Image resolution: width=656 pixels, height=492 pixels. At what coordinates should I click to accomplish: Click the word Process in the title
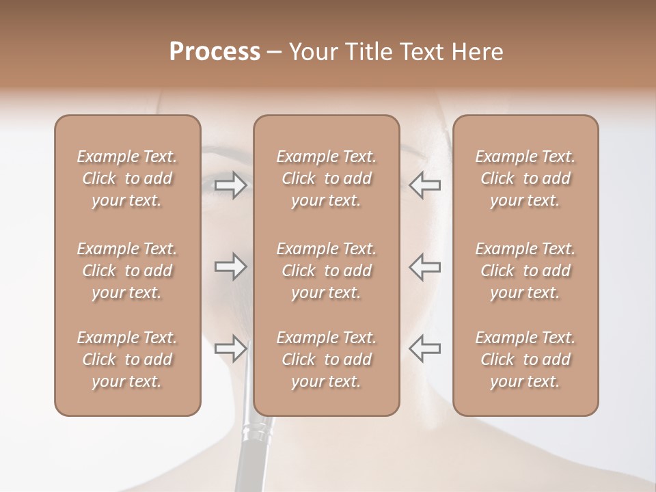[215, 52]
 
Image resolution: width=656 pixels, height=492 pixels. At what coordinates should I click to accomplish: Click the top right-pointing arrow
[230, 185]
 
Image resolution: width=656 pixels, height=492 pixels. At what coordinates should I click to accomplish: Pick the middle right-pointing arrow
[230, 266]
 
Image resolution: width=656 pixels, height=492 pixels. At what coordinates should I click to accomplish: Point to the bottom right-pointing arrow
[230, 348]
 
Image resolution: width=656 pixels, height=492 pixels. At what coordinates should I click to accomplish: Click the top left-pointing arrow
[424, 185]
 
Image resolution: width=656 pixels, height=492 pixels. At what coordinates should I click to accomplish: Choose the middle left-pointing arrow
[424, 266]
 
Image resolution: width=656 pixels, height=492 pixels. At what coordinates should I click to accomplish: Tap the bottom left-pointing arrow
[424, 348]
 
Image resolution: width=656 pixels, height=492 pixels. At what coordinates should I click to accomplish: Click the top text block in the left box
[127, 178]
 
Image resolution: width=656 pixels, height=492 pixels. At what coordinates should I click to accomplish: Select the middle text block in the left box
[127, 271]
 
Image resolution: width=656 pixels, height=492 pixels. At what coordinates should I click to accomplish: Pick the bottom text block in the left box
[127, 359]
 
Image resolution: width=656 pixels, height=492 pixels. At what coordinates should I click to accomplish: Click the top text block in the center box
[326, 178]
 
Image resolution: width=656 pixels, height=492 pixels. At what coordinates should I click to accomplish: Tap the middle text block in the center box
[326, 271]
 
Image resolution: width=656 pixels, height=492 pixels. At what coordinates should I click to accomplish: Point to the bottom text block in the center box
[326, 359]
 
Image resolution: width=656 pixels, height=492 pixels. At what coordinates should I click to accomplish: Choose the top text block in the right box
[525, 178]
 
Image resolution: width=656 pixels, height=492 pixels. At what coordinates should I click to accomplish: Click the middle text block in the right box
[525, 271]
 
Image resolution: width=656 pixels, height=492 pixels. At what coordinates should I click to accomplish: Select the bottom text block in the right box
[525, 359]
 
